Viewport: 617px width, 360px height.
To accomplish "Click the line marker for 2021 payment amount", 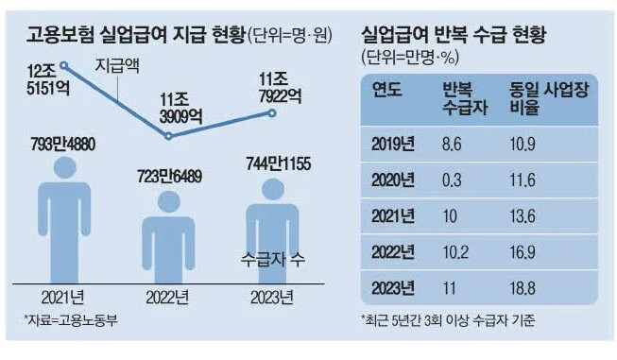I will [64, 65].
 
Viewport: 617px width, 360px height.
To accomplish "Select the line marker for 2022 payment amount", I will [168, 136].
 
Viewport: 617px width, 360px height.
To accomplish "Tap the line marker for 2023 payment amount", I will [272, 113].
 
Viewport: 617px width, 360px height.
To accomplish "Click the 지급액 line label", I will [119, 67].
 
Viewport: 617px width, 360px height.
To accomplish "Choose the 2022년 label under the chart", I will [168, 295].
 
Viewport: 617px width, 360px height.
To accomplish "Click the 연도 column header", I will [387, 92].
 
